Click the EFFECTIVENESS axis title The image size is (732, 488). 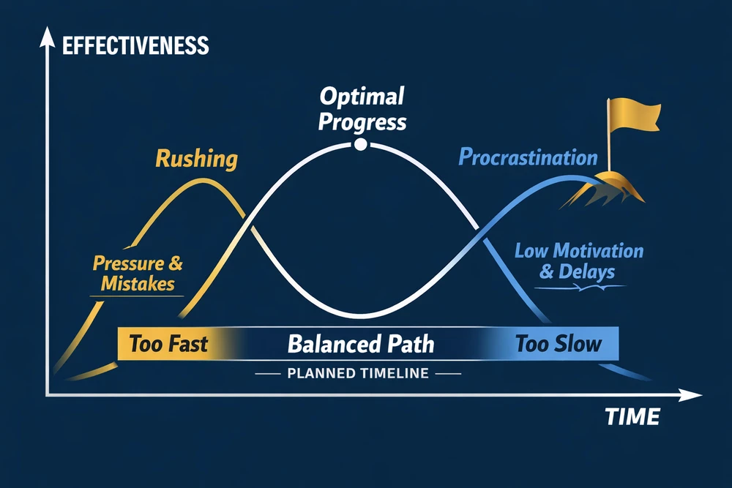[x=135, y=45]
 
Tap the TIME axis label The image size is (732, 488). [x=632, y=416]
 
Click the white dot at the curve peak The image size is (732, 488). [x=360, y=144]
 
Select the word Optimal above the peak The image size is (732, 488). [x=362, y=97]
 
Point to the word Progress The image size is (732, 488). [x=362, y=122]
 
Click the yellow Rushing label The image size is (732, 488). [x=196, y=159]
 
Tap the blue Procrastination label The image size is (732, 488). [x=528, y=157]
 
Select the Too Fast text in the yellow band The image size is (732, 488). [x=168, y=344]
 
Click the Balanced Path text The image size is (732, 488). [x=361, y=344]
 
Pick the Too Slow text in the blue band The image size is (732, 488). [x=559, y=344]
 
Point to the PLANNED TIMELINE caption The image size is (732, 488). [x=358, y=373]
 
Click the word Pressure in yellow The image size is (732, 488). [x=128, y=263]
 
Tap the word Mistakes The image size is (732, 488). [x=138, y=284]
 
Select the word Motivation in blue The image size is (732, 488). [x=599, y=251]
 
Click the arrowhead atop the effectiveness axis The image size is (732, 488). [x=47, y=37]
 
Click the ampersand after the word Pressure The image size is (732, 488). [x=176, y=263]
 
